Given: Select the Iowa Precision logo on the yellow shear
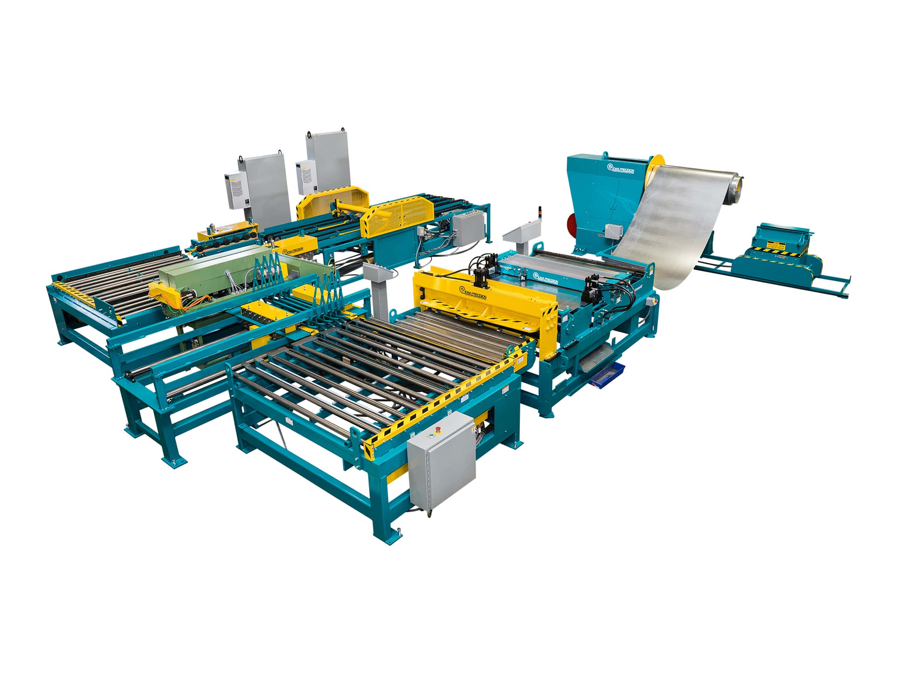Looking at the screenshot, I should point(473,291).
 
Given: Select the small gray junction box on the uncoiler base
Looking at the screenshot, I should point(613,231).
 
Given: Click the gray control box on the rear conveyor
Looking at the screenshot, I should point(468,228).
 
